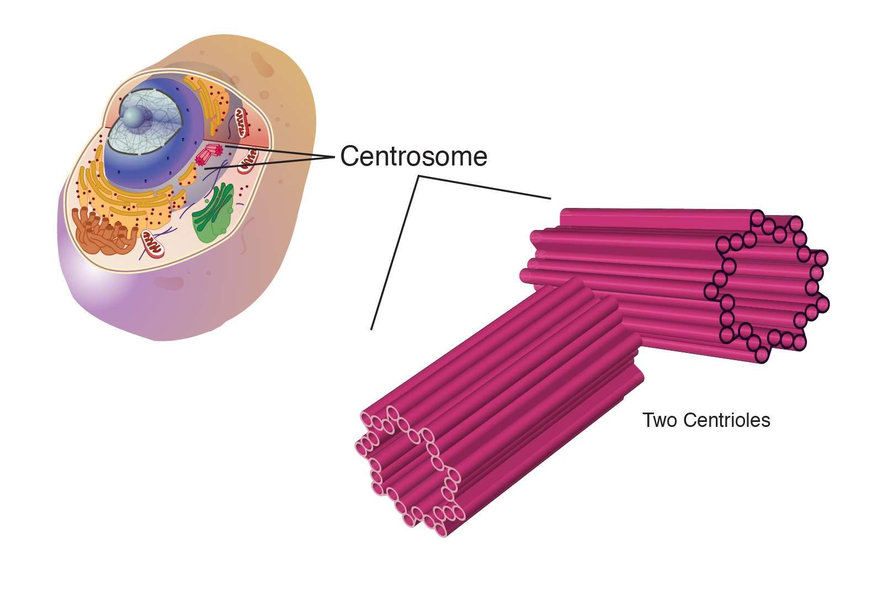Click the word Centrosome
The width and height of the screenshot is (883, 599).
[x=413, y=157]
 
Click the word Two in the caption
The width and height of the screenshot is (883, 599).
[x=659, y=420]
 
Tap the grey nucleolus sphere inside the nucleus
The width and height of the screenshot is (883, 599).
[x=134, y=117]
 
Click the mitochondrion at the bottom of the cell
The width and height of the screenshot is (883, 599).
[x=152, y=244]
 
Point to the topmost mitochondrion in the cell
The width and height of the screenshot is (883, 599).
[x=241, y=122]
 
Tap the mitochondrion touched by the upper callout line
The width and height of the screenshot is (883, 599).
[x=248, y=160]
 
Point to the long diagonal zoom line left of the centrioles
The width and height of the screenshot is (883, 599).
[x=394, y=254]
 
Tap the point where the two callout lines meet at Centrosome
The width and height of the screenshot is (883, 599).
[x=333, y=157]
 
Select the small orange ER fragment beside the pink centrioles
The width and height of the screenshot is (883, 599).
[x=188, y=176]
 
